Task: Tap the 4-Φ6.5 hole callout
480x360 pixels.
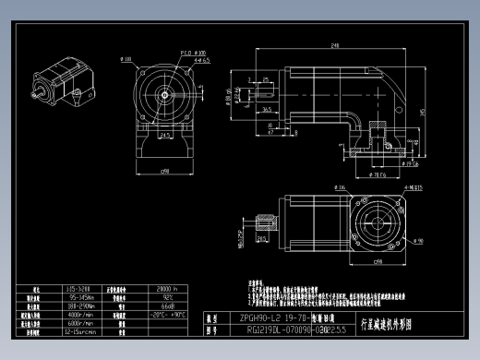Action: [x=202, y=60]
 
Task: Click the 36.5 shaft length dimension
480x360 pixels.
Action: [x=266, y=110]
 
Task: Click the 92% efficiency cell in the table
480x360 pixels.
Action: [x=168, y=296]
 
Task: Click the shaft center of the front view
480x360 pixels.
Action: [x=165, y=94]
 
